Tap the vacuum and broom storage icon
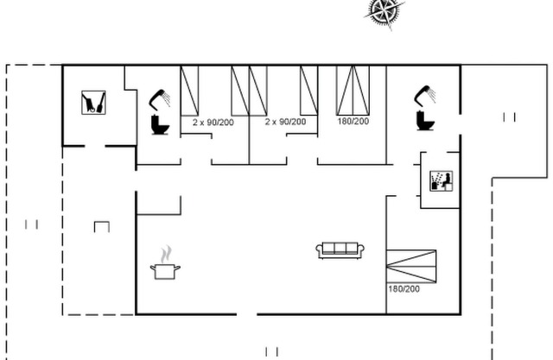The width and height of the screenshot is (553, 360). [x=93, y=103]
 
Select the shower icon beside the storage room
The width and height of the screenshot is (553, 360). [x=160, y=98]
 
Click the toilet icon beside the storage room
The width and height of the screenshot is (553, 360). [x=160, y=125]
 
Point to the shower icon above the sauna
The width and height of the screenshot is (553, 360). [x=425, y=95]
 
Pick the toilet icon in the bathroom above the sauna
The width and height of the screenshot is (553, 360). [x=425, y=121]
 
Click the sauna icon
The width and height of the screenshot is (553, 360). [x=441, y=181]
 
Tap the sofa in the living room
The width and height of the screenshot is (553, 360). [x=340, y=250]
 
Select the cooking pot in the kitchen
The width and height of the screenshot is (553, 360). [x=165, y=271]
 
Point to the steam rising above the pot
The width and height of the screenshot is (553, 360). [x=166, y=255]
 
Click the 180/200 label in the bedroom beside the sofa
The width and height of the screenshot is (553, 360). [x=404, y=289]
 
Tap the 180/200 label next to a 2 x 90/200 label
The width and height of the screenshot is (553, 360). [x=353, y=121]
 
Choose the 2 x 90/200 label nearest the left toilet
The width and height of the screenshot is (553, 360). [x=213, y=123]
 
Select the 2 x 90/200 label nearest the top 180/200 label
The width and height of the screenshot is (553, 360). [x=285, y=122]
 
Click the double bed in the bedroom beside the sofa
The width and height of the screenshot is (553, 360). [x=411, y=266]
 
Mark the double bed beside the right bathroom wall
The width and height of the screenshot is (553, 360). [x=353, y=90]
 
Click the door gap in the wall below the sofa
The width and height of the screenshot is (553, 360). [x=246, y=314]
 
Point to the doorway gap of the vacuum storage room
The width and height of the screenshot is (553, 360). [x=95, y=146]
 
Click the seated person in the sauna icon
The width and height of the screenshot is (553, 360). [x=448, y=180]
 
